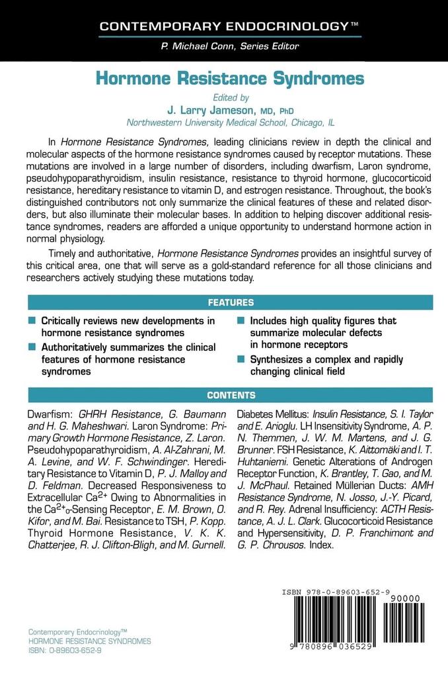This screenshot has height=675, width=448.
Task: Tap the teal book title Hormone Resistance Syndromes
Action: [x=230, y=79]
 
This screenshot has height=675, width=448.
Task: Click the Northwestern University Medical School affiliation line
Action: [x=229, y=122]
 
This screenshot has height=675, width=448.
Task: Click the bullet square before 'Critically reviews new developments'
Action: [x=32, y=320]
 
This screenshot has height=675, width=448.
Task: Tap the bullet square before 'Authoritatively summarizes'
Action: [x=32, y=347]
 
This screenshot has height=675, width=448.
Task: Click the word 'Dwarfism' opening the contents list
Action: [x=48, y=414]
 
